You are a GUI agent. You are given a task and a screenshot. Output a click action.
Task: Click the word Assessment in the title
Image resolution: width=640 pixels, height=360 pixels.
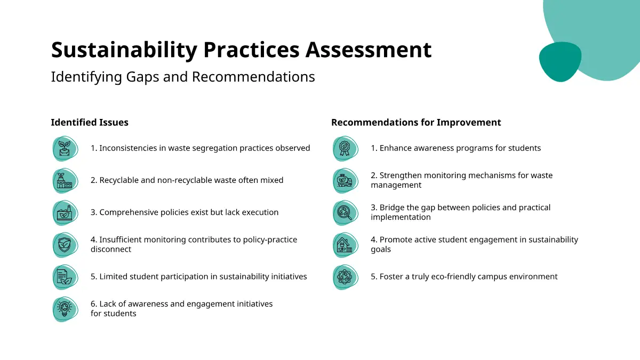(369, 50)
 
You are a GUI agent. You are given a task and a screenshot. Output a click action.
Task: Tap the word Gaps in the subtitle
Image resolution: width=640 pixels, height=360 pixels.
(142, 77)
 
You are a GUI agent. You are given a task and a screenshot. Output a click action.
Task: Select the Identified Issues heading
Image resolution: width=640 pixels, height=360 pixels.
(90, 122)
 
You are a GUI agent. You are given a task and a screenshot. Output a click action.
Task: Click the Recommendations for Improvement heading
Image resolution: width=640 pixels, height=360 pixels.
(416, 122)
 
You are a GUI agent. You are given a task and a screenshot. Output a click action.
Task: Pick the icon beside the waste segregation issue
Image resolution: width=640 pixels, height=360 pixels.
(65, 149)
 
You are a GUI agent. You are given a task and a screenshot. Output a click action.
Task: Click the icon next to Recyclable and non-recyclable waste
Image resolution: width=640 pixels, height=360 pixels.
(65, 181)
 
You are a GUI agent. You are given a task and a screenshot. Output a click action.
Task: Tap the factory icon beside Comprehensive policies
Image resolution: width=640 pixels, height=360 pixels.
(65, 213)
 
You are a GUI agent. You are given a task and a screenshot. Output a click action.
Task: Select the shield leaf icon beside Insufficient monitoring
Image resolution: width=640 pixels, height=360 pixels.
(65, 245)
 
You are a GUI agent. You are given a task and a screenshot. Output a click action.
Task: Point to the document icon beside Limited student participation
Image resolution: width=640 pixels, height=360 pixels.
(65, 277)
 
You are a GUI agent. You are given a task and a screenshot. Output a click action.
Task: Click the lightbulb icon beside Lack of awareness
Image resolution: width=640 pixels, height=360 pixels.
(65, 309)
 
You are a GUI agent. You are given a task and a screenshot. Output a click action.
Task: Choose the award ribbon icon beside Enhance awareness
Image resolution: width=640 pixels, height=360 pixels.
(346, 149)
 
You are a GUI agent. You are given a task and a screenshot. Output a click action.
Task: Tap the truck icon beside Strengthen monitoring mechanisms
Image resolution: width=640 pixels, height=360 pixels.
(346, 181)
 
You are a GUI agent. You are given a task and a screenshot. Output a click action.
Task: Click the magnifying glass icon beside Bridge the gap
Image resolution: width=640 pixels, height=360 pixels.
(346, 213)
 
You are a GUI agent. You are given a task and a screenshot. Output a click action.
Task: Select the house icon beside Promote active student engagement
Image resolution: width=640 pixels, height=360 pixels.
(346, 245)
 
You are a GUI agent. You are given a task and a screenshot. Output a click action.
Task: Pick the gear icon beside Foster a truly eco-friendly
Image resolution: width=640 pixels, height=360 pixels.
(346, 277)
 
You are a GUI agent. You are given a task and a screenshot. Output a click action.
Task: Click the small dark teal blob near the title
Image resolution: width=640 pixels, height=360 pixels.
(560, 62)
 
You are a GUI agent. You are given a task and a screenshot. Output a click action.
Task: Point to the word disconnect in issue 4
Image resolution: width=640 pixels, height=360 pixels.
(111, 249)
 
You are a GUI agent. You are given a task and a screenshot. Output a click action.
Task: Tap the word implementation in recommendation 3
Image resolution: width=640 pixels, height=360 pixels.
(401, 218)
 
